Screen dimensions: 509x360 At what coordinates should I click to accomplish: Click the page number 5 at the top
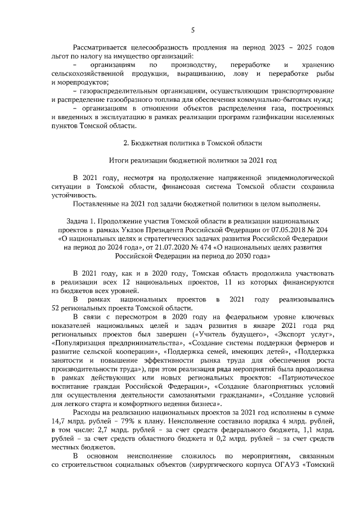pos(192,30)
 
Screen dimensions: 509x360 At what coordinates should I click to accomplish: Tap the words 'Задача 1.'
pos(81,222)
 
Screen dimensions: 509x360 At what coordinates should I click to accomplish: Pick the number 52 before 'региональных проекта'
pos(56,308)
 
